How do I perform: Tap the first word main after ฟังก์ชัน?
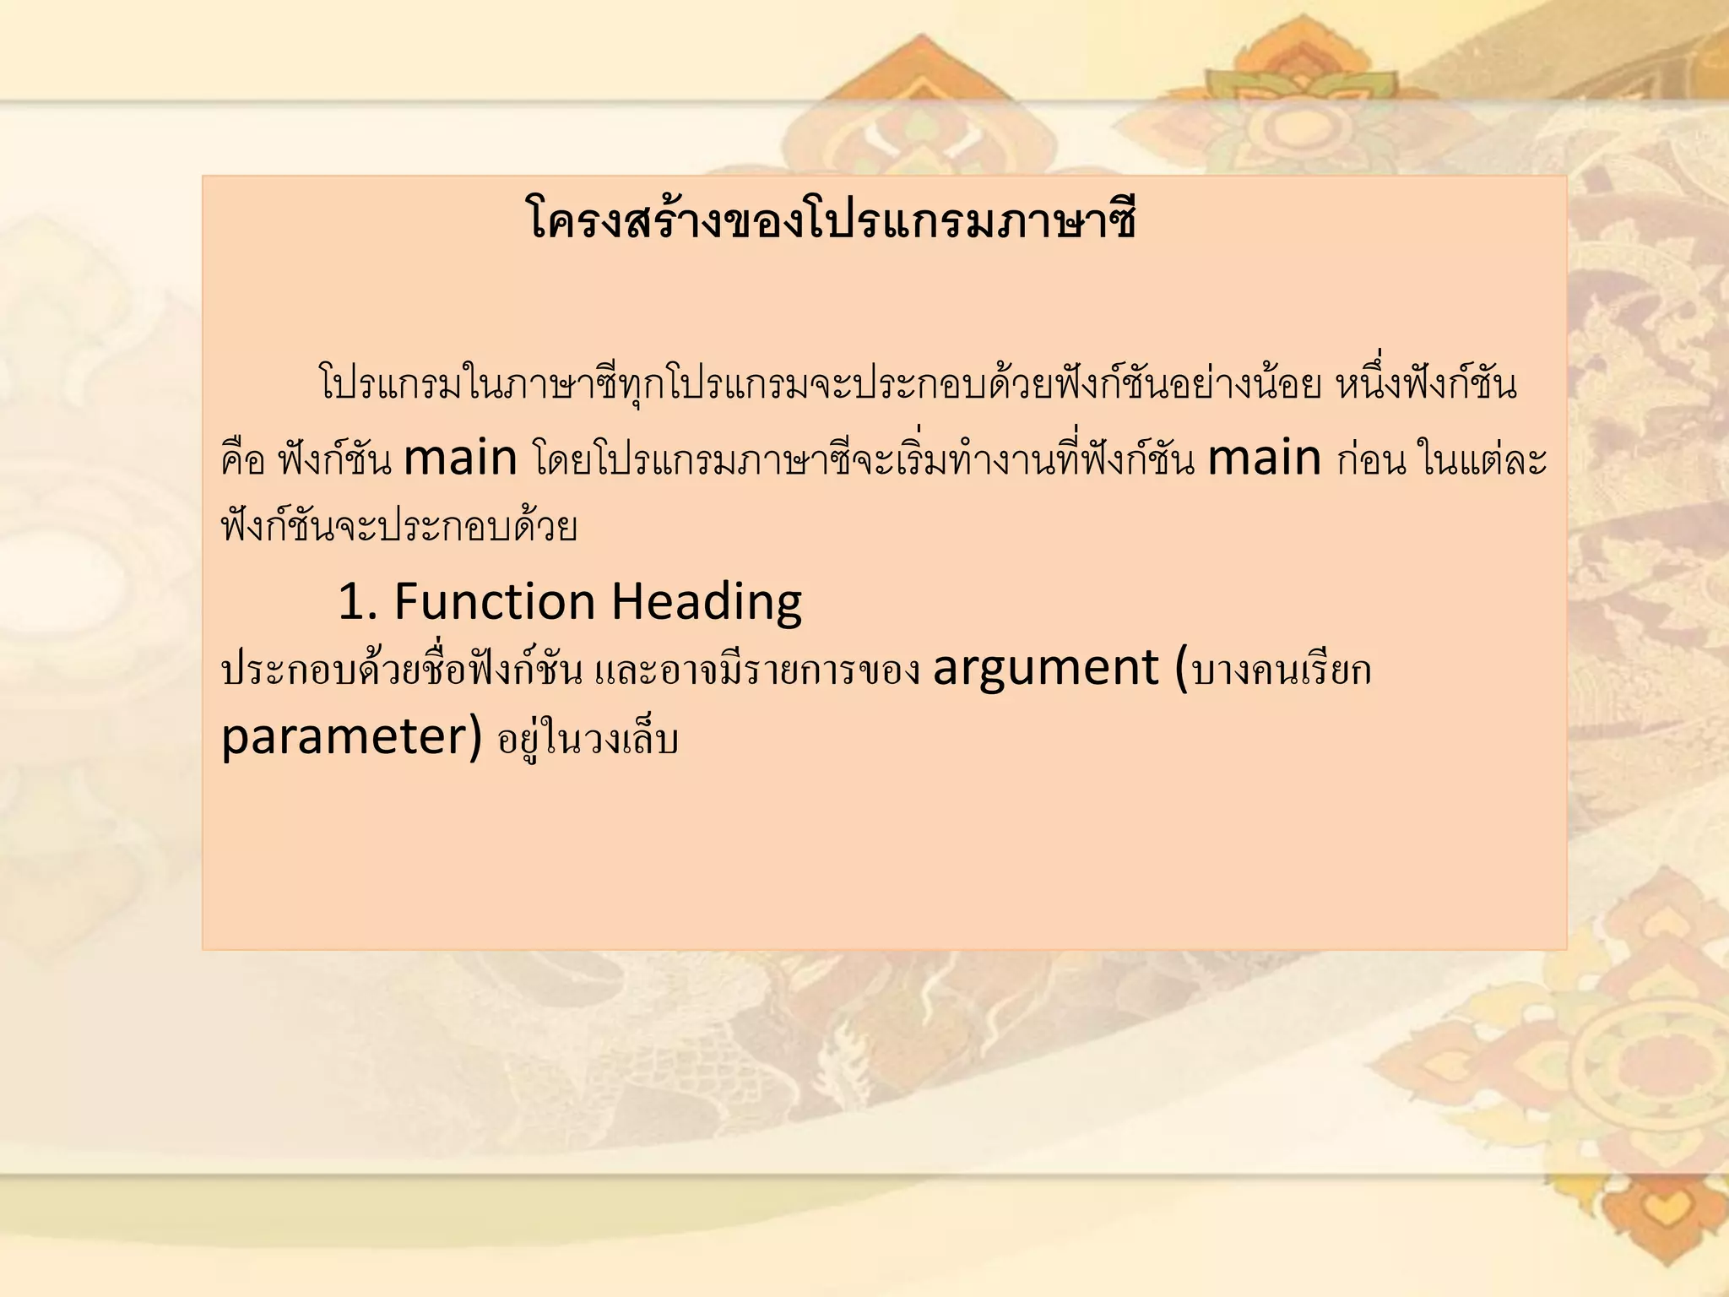point(460,459)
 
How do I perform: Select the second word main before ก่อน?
point(1264,459)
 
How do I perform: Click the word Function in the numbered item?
point(495,602)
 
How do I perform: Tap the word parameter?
point(342,736)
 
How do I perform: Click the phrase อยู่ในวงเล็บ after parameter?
point(588,740)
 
